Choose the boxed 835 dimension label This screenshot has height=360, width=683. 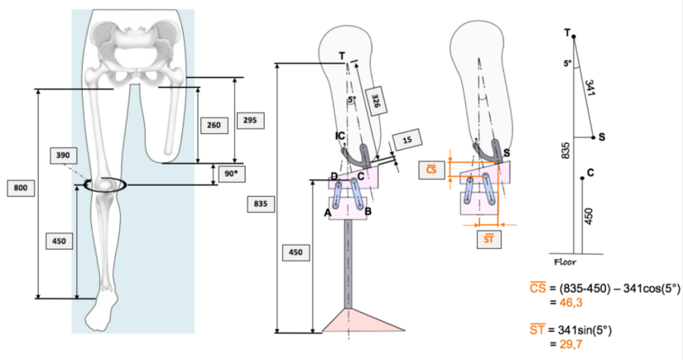pyautogui.click(x=257, y=202)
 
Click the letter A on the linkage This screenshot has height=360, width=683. pyautogui.click(x=328, y=211)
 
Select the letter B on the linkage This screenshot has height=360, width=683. pyautogui.click(x=368, y=211)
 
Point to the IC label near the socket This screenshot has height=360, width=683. pyautogui.click(x=340, y=135)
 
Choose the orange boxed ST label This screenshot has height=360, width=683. pyautogui.click(x=490, y=240)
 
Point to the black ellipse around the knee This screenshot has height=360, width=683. pyautogui.click(x=100, y=185)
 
